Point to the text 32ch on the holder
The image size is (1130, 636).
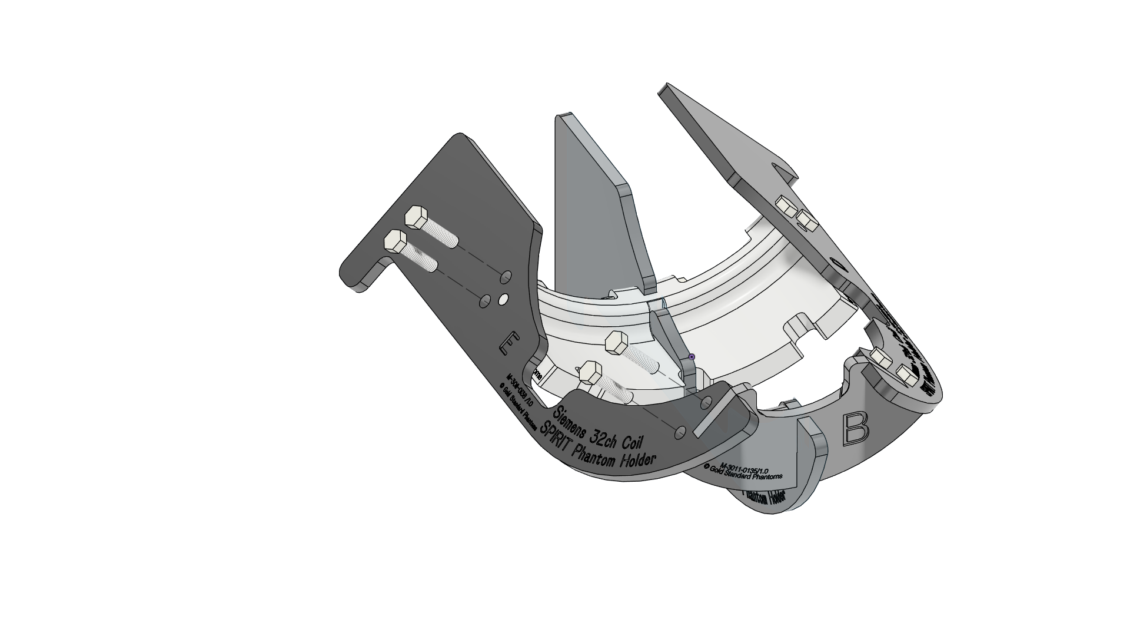click(610, 437)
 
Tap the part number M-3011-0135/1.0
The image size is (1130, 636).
click(744, 465)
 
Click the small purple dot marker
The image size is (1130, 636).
click(692, 357)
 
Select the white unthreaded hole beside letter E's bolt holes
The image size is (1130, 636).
click(503, 300)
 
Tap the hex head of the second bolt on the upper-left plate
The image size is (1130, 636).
click(394, 241)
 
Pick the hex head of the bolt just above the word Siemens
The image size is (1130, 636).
click(590, 372)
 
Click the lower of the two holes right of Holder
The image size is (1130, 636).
click(680, 433)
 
